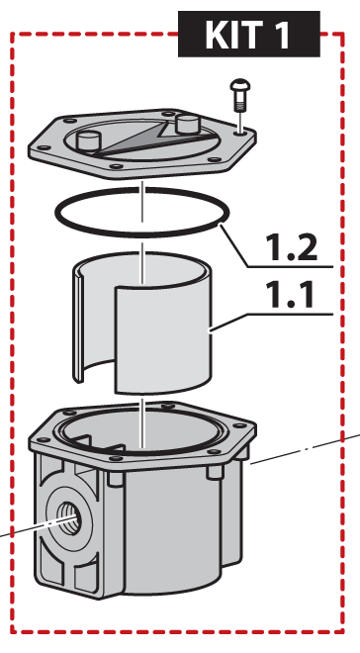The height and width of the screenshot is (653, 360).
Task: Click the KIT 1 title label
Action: point(249,35)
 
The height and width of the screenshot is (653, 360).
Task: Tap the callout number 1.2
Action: point(292,248)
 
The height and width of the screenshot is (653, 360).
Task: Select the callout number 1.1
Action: point(292,295)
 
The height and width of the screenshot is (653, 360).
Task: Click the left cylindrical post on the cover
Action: point(88,140)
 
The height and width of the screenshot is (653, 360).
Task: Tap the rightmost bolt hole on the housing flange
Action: point(239,425)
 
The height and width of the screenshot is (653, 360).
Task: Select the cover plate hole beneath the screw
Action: point(239,133)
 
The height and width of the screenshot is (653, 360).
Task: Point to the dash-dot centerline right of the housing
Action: point(305,449)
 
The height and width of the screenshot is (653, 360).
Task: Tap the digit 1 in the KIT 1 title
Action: point(280,35)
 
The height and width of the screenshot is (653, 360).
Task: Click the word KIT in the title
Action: point(233,35)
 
